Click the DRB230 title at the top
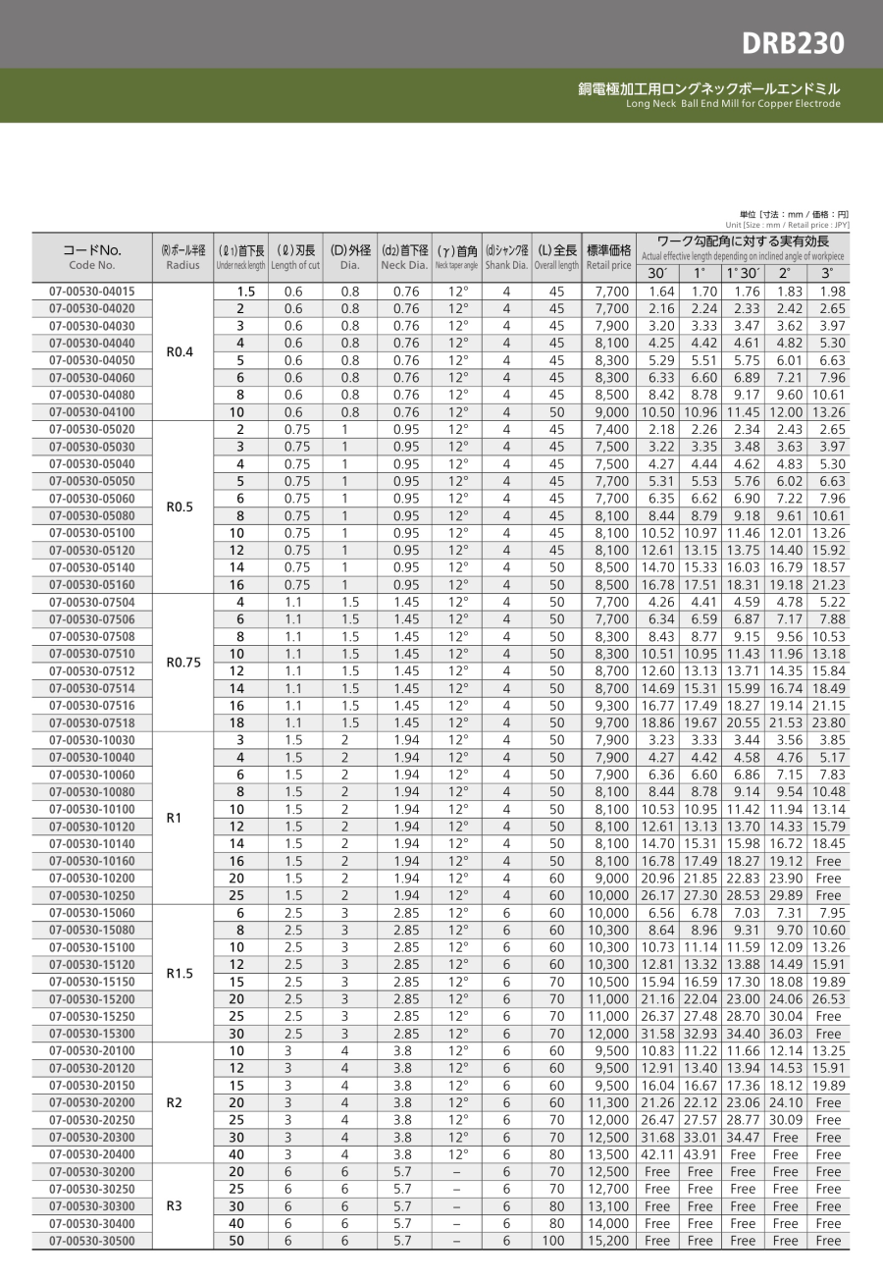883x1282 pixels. [792, 43]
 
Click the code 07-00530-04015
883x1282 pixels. [92, 292]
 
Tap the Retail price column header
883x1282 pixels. [608, 257]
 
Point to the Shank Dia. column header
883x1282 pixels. [506, 257]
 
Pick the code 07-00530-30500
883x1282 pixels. [92, 1241]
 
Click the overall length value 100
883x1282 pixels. [556, 1241]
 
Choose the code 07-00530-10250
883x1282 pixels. [92, 895]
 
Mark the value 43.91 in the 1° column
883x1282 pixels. [700, 1154]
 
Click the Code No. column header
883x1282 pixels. [92, 257]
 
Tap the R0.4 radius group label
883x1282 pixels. [170, 351]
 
